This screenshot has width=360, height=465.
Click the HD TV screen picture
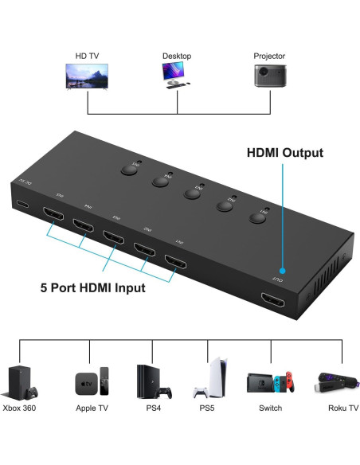coord(86,76)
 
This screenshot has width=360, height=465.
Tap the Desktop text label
coord(177,56)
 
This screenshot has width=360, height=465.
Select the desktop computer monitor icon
coord(176,74)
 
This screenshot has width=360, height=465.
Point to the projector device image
coord(268,76)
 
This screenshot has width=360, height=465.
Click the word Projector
coord(269,56)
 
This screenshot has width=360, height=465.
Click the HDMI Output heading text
coord(284,153)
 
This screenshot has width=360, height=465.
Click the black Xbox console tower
coord(19,381)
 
